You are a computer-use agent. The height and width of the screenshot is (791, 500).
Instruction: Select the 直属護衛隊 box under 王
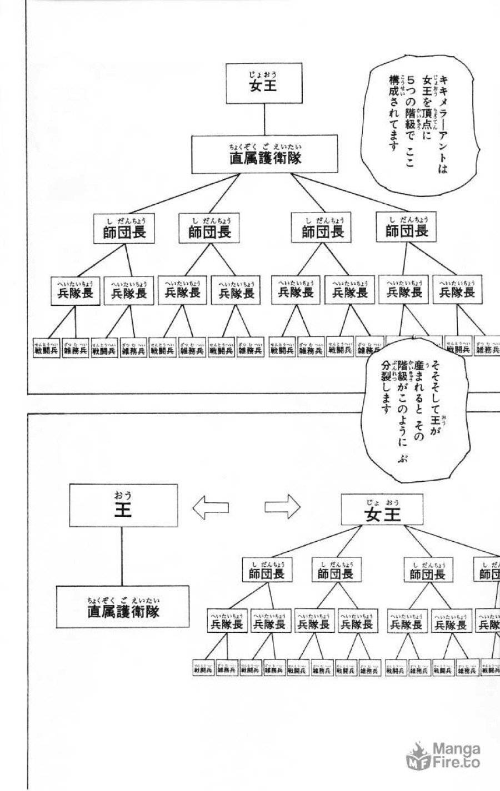point(123,608)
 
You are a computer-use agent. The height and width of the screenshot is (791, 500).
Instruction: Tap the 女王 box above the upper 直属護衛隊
point(263,83)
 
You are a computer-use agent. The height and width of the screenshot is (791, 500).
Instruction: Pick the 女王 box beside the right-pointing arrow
point(382,511)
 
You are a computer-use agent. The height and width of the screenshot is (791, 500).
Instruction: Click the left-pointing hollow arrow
point(210,507)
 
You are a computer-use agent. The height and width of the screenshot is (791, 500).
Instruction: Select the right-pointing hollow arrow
point(282,506)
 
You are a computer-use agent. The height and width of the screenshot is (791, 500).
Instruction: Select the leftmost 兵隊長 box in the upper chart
point(75,290)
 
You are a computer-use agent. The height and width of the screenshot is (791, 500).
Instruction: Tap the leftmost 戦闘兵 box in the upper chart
point(46,348)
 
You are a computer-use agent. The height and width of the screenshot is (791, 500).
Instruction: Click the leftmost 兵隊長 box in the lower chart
point(227,621)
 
